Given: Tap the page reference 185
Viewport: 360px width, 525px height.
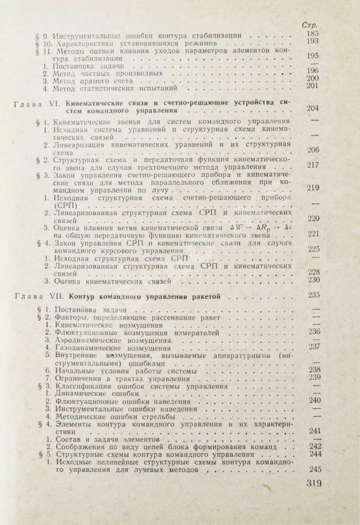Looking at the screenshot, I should click(315, 34).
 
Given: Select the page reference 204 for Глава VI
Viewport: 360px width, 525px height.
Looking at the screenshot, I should click(315, 108).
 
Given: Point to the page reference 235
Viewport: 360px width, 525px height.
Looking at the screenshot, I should click(316, 295).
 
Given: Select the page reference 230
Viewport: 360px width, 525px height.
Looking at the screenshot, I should click(315, 280).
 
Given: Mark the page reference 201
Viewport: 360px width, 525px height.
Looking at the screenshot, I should click(315, 86).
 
